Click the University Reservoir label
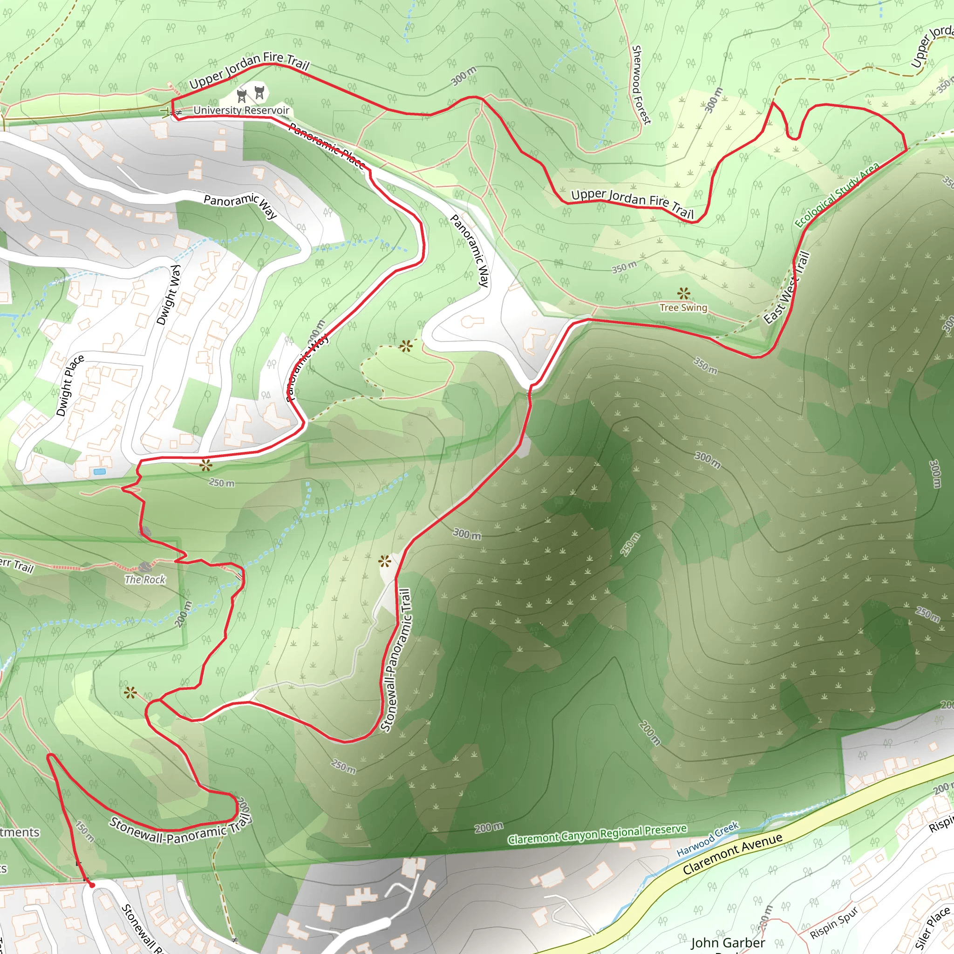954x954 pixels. pos(241,110)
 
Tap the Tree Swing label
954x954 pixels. pos(683,307)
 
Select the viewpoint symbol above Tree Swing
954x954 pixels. pos(684,294)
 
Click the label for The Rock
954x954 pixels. pos(145,579)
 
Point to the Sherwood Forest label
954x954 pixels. pos(641,85)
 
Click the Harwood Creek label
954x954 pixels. pos(708,838)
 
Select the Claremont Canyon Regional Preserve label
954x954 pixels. pos(597,834)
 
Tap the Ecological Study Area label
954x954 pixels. pos(837,195)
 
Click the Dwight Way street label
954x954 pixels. pos(168,295)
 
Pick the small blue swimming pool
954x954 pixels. pos(99,472)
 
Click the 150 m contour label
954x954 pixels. pos(85,831)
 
